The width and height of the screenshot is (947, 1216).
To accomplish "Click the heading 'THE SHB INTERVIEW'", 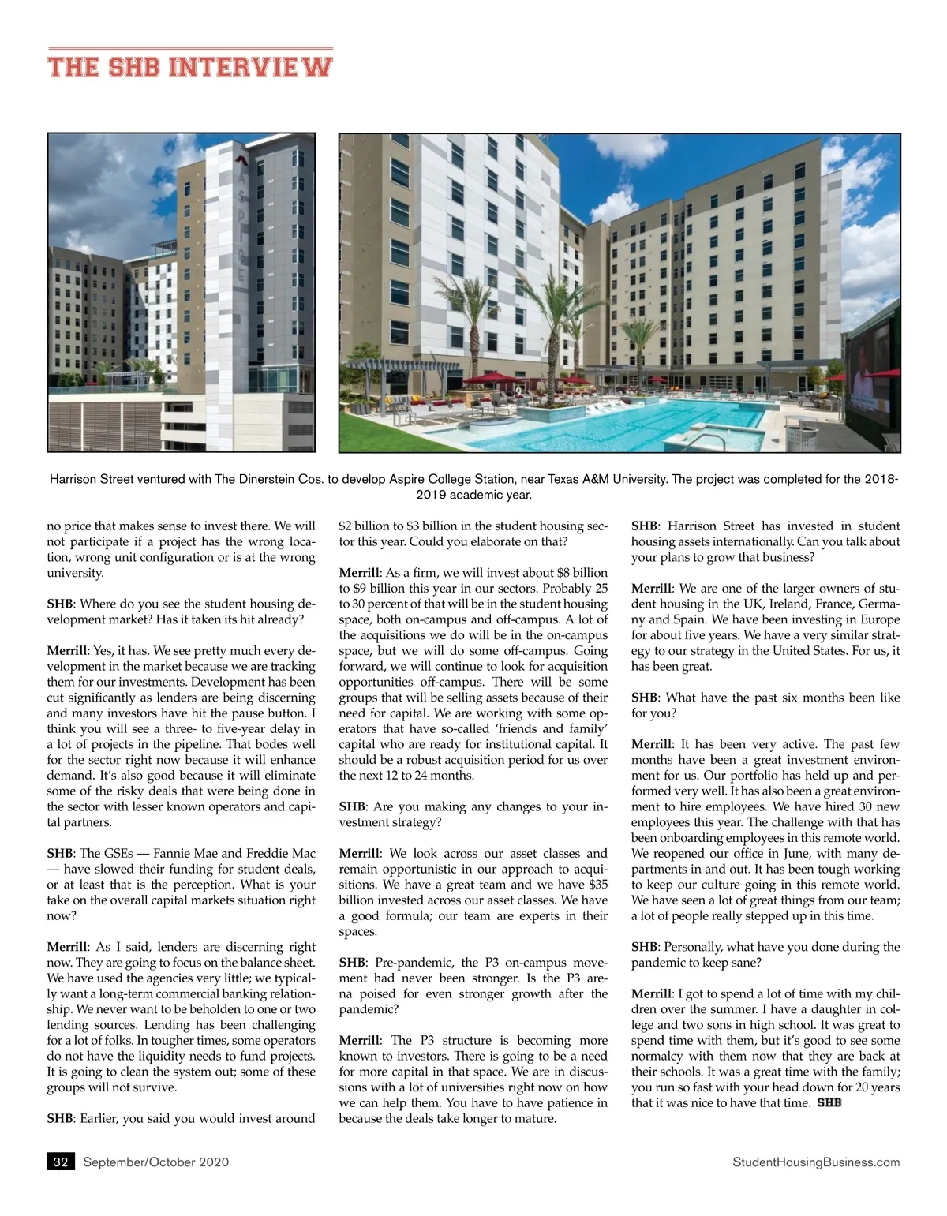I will (189, 66).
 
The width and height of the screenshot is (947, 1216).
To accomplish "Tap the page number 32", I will (61, 1162).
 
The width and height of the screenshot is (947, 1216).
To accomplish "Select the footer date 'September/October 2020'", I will (156, 1162).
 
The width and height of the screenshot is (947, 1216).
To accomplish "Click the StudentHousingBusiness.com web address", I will (816, 1162).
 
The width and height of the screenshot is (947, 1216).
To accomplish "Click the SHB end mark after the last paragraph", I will (829, 1102).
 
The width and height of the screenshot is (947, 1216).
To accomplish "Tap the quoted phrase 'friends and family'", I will (549, 728).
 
